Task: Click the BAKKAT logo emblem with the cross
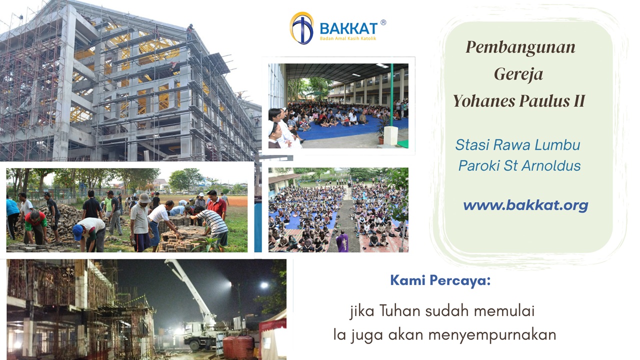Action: click(301, 28)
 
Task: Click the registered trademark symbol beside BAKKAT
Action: click(383, 22)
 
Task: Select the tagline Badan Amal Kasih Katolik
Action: click(348, 38)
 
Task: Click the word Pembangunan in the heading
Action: click(520, 47)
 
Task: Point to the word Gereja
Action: click(518, 74)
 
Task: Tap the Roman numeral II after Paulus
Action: click(578, 101)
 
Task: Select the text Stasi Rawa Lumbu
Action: click(517, 145)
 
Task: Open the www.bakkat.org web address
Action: click(525, 205)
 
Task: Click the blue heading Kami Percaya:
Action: click(440, 280)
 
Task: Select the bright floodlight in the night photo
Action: click(263, 285)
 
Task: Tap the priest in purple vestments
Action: click(342, 242)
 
